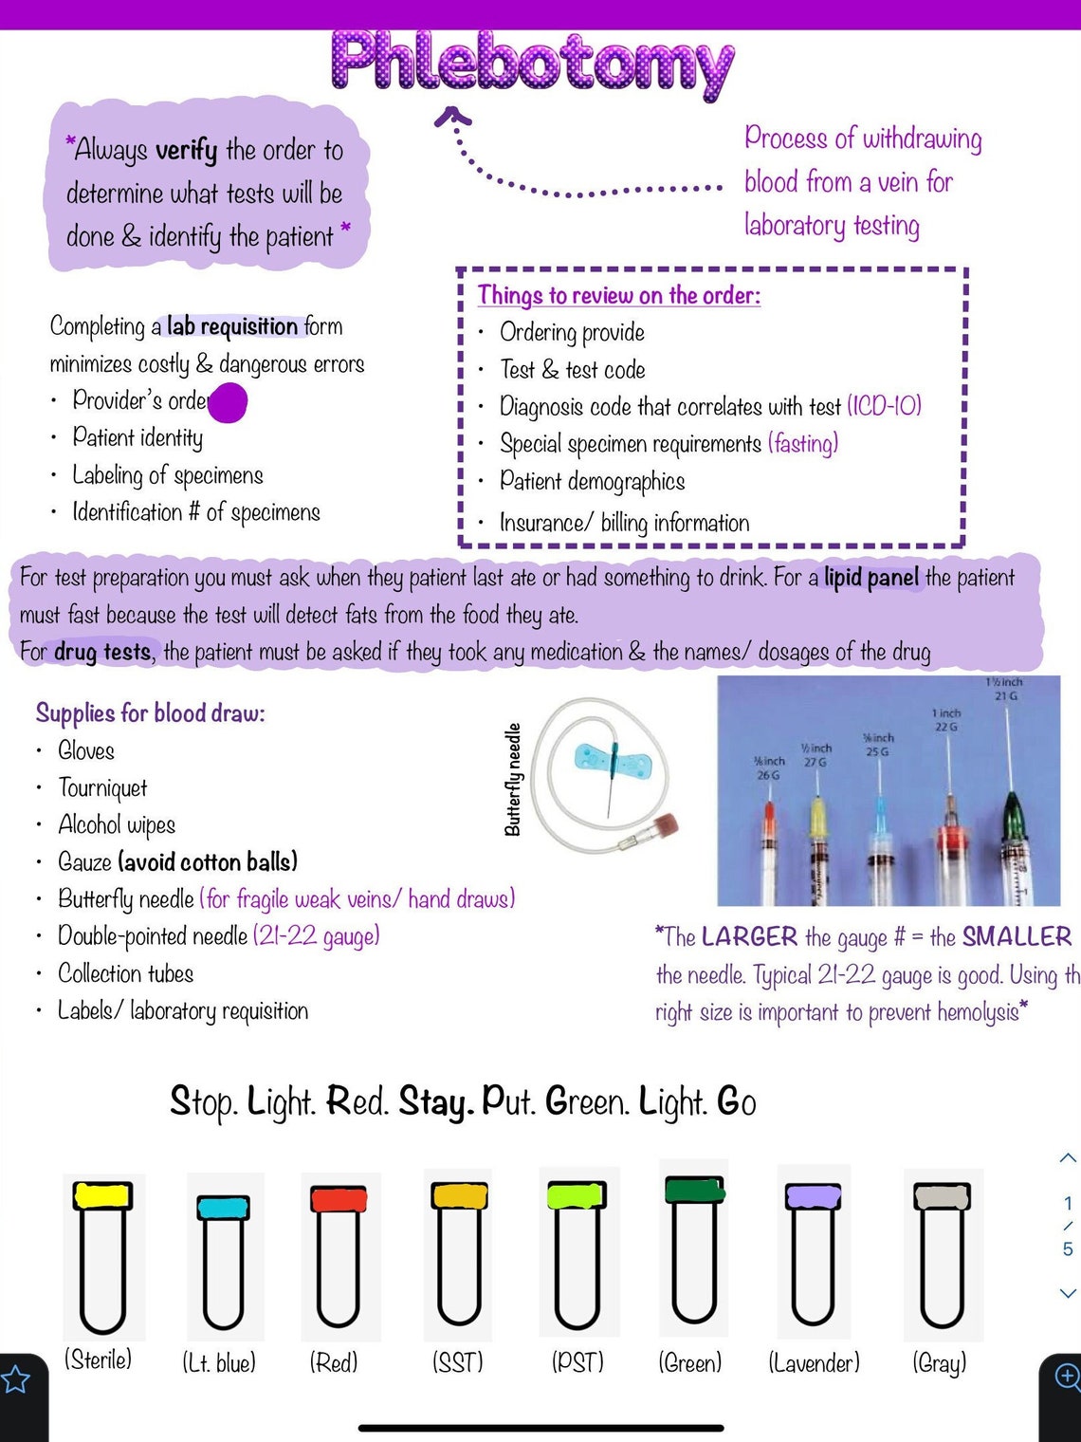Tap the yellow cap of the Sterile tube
(102, 1195)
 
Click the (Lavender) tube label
(814, 1363)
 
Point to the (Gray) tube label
(939, 1363)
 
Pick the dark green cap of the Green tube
(694, 1190)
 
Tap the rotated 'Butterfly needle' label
(513, 779)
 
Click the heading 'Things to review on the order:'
(618, 296)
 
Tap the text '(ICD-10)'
(884, 407)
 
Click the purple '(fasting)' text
(803, 444)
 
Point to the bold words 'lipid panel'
(871, 578)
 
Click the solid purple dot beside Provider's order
(228, 402)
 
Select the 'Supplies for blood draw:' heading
(151, 712)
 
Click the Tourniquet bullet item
(102, 788)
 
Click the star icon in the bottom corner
(15, 1379)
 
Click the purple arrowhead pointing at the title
(452, 117)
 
